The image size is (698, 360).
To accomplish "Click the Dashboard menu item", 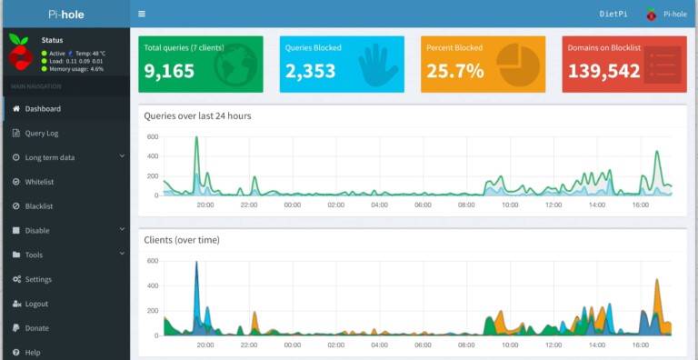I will [43, 109].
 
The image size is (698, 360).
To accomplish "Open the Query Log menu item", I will [41, 134].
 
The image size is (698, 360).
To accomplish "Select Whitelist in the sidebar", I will [39, 182].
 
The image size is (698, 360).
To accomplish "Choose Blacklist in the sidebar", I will [39, 206].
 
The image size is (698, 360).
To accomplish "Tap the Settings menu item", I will [38, 279].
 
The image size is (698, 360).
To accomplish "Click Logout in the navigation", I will [36, 304].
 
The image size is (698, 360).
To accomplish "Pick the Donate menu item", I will [36, 328].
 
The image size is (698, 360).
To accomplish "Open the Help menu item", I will [33, 353].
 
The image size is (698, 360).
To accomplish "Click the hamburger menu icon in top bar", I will [142, 15].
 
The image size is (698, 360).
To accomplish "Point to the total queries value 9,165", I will [169, 72].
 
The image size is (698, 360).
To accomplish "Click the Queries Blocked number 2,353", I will [311, 72].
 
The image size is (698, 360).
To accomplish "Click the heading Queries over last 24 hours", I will [197, 116].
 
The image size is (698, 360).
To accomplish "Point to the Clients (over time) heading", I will [182, 240].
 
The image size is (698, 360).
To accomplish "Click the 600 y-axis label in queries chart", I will [153, 137].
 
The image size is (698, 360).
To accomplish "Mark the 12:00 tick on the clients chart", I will [553, 345].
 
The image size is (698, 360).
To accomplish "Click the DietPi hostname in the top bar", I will [613, 15].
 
